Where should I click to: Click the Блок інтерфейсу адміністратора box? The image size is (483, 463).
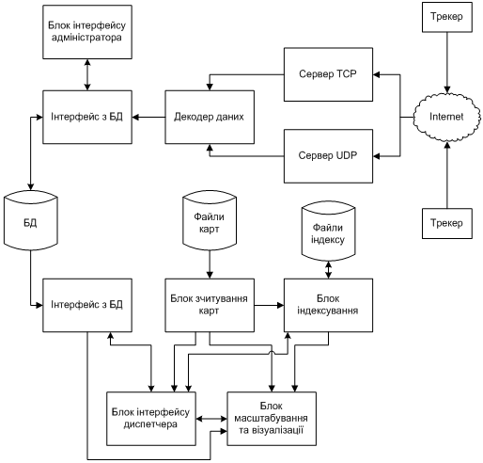coord(87,32)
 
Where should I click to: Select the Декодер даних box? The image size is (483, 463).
coord(210,117)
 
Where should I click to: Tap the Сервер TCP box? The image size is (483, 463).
coord(328,74)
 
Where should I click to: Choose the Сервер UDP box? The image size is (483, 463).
coord(328,156)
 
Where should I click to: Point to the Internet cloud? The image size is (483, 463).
coord(447,117)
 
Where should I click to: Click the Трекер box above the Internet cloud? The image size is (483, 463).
coord(447,17)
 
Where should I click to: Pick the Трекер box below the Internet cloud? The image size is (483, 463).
coord(447,223)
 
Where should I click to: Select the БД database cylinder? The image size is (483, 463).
coord(31,220)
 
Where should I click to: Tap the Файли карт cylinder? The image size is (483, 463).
coord(210,220)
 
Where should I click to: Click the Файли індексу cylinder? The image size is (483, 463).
coord(328,231)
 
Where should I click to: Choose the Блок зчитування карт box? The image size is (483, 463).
coord(210,305)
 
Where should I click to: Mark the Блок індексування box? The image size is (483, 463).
coord(328,305)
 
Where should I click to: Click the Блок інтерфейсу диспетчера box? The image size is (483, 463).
coord(151,419)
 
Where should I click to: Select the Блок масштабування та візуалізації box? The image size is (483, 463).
coord(272,419)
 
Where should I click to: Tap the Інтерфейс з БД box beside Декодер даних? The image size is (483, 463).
coord(87,117)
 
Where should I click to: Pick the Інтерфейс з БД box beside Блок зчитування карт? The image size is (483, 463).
coord(87,305)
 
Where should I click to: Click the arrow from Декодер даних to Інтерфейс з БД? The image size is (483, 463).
coord(148,118)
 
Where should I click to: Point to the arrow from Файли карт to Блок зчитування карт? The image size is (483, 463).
coord(210,264)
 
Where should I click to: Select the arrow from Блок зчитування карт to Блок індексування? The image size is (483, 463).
coord(269,305)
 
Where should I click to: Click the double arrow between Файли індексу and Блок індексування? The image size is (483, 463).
coord(328,270)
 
